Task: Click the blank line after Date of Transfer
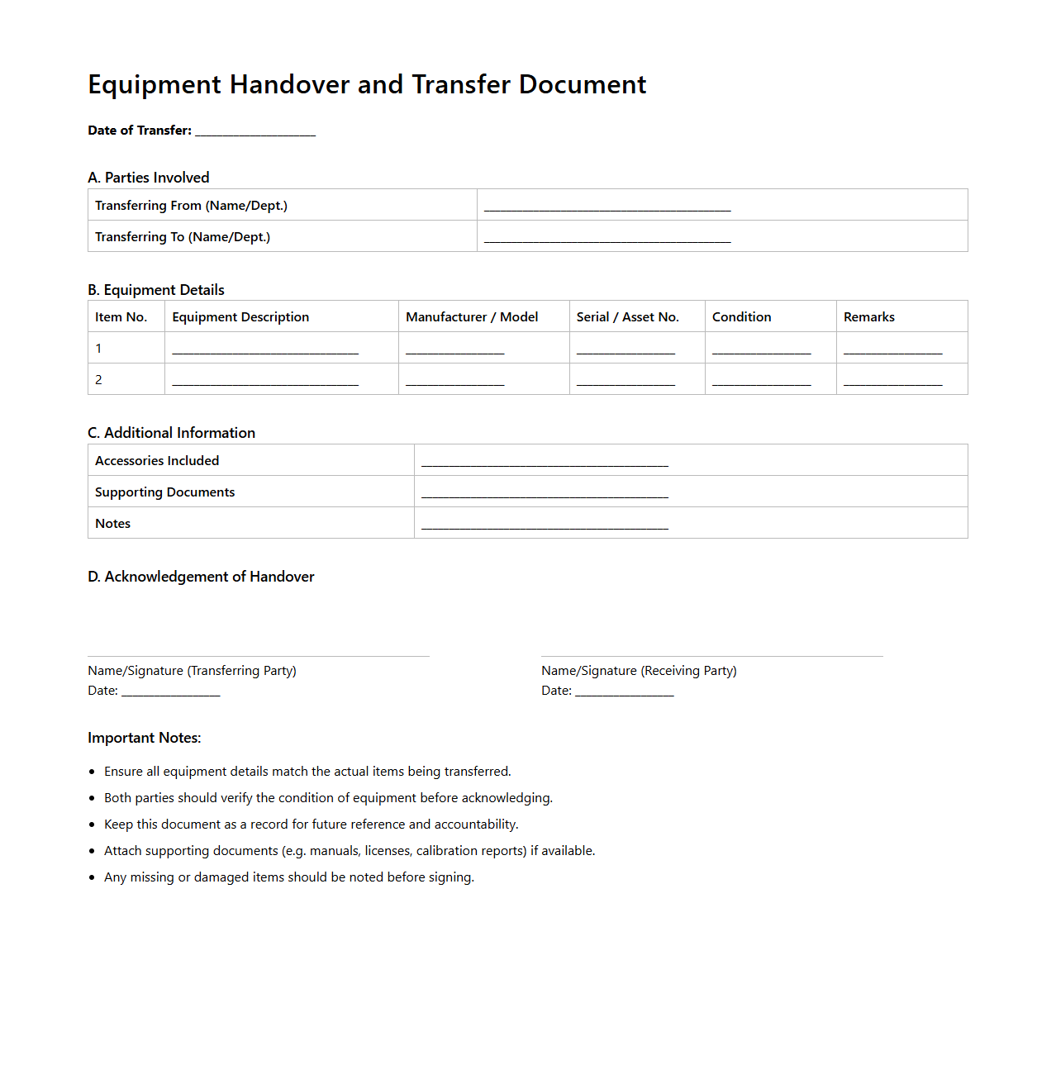click(255, 131)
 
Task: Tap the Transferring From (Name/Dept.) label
click(191, 206)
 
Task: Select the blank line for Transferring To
click(607, 239)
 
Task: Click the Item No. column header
click(121, 317)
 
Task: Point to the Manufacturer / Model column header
click(472, 317)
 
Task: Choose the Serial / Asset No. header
click(627, 317)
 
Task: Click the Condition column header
click(741, 317)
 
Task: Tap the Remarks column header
click(868, 317)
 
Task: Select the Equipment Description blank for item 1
click(265, 350)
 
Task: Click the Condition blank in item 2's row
click(761, 382)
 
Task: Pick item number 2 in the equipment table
click(98, 380)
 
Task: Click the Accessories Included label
click(157, 461)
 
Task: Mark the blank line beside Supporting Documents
click(545, 494)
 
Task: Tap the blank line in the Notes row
click(545, 525)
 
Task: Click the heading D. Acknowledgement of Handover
click(201, 577)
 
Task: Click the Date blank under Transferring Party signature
click(171, 692)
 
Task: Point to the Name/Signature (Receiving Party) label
click(639, 671)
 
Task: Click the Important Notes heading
click(145, 738)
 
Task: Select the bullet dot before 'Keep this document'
click(92, 825)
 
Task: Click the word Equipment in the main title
click(155, 85)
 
